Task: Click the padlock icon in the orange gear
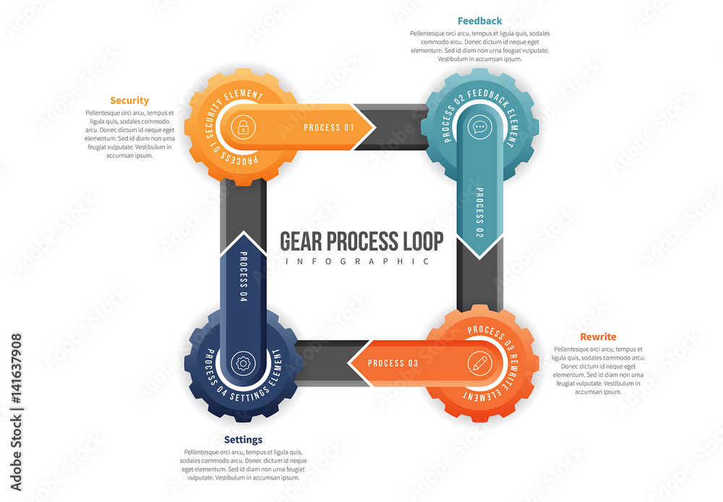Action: coord(242,128)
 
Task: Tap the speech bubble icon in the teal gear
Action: coord(479,128)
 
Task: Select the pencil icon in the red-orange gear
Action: coord(478,362)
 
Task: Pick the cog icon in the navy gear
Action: coord(242,363)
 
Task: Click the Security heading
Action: coord(129,100)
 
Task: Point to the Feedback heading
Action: coord(479,21)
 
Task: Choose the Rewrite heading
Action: coord(598,337)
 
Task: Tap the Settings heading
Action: coord(243,439)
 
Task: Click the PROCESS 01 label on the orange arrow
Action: coord(329,128)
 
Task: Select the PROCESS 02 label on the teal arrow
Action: coord(479,212)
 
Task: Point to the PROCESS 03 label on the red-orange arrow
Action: coord(393,363)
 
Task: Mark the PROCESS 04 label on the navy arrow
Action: coord(243,277)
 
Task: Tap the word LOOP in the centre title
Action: coord(423,241)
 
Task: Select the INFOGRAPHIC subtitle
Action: coord(358,261)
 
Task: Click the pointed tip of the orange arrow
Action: coord(375,128)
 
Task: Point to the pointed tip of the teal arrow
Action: coord(479,256)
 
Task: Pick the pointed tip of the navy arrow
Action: coord(243,233)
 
